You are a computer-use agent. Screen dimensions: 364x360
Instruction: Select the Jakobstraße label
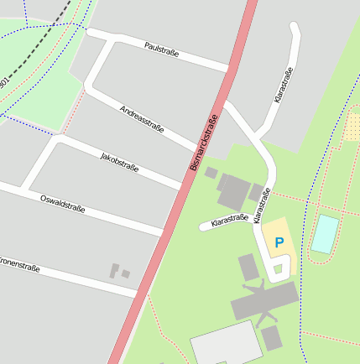pyautogui.click(x=119, y=163)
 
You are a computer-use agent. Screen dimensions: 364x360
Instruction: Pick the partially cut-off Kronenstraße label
pyautogui.click(x=19, y=266)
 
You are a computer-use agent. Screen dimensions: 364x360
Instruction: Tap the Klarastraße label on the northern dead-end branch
pyautogui.click(x=284, y=85)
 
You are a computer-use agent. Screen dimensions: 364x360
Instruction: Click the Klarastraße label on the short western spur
pyautogui.click(x=229, y=220)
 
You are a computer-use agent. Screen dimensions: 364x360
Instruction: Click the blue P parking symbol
pyautogui.click(x=279, y=242)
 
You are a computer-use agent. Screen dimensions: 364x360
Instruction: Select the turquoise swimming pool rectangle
pyautogui.click(x=325, y=234)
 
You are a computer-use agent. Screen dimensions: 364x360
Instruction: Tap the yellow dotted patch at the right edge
pyautogui.click(x=352, y=127)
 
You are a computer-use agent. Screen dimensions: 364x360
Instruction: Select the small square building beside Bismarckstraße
pyautogui.click(x=211, y=173)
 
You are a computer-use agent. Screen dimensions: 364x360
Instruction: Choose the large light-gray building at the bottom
pyautogui.click(x=225, y=344)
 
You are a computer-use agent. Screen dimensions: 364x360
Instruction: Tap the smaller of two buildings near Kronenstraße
pyautogui.click(x=125, y=273)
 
